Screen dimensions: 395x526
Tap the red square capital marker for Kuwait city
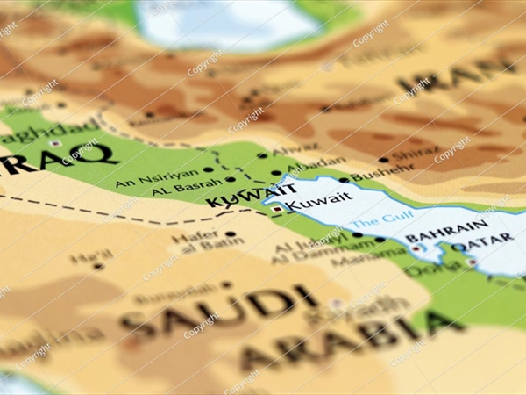click(277, 210)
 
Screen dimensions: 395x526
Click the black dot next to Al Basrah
click(230, 179)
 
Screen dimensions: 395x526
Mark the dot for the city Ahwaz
click(263, 155)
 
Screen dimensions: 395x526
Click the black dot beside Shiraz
click(383, 160)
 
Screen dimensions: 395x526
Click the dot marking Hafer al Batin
click(230, 234)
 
